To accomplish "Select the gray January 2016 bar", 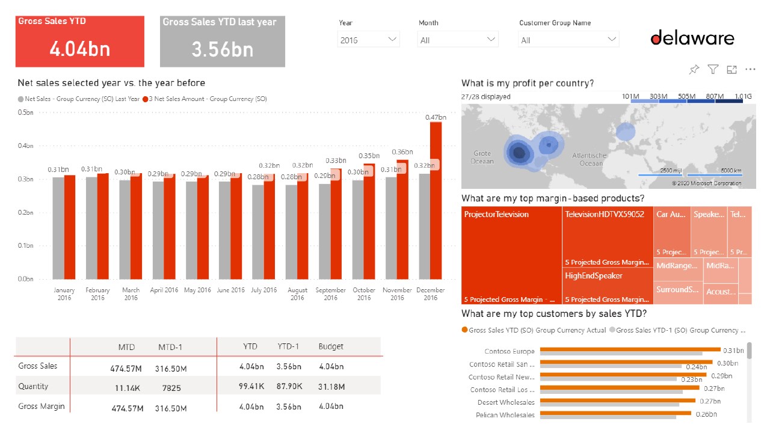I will tap(58, 228).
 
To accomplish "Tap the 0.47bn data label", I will tap(436, 117).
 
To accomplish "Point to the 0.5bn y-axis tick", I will tap(25, 112).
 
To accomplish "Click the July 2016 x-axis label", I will tap(264, 290).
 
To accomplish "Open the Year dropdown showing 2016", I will tap(368, 40).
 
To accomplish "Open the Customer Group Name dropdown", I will tap(568, 40).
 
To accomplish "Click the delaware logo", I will tap(692, 38).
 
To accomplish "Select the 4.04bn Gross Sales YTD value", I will tap(79, 49).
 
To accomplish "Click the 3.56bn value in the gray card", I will tap(222, 49).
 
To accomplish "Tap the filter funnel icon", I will tap(713, 70).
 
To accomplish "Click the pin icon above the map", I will tap(694, 70).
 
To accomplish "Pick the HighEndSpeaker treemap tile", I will tap(608, 286).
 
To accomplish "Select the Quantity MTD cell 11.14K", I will tap(127, 388).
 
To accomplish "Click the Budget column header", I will tap(331, 346).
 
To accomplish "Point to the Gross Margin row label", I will tap(42, 407).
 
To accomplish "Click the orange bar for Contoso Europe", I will tap(630, 349).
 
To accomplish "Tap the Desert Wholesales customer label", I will tap(506, 402).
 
